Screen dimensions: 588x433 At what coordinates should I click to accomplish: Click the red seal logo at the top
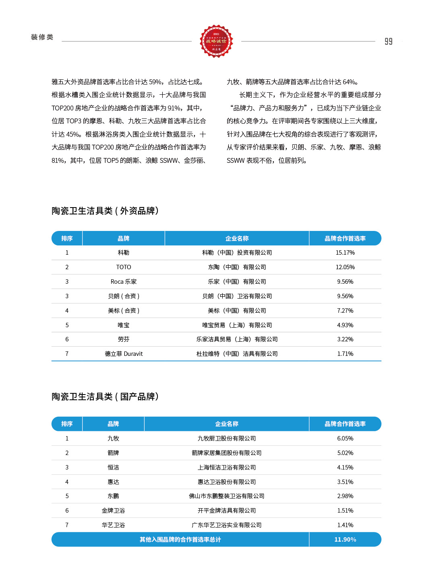point(216,41)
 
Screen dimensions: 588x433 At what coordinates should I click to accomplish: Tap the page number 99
point(388,42)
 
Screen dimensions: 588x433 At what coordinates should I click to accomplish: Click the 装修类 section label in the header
point(42,37)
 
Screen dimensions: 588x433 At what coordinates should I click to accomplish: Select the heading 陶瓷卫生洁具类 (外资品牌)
point(105,211)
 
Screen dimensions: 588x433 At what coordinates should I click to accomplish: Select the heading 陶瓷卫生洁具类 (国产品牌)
point(105,397)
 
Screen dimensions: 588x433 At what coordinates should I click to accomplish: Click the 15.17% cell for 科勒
point(345,253)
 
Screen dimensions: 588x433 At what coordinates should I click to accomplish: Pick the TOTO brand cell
point(124,267)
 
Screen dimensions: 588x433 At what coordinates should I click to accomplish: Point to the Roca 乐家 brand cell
point(124,282)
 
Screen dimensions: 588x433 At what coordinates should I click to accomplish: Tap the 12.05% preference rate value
point(345,267)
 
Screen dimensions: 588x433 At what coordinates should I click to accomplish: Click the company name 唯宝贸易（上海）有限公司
point(237,325)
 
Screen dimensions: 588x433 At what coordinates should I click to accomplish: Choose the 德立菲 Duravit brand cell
point(124,354)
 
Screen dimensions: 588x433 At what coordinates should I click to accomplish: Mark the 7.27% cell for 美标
point(345,311)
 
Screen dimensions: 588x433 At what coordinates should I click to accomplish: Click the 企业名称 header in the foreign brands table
point(237,239)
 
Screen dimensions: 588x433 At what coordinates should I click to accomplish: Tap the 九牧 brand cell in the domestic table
point(113,438)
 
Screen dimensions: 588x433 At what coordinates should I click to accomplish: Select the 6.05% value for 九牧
point(345,438)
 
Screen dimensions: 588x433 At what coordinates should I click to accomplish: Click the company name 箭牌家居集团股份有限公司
point(227,453)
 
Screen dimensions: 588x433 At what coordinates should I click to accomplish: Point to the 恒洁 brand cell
point(113,467)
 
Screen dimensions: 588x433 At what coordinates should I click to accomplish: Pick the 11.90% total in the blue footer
point(345,540)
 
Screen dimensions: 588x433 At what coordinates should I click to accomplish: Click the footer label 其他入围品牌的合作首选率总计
point(180,540)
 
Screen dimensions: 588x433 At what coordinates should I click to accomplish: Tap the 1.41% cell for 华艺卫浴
point(345,525)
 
